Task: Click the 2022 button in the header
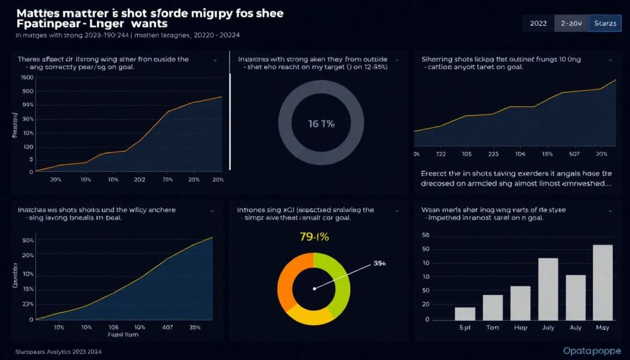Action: click(538, 23)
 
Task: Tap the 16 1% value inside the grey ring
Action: click(321, 123)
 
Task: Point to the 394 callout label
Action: click(380, 263)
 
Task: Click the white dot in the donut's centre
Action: click(314, 288)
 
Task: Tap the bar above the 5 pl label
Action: click(465, 314)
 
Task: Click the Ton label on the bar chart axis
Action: click(492, 329)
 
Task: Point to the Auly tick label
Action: click(575, 329)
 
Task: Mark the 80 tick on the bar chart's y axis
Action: click(425, 236)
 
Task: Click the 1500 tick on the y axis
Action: click(26, 78)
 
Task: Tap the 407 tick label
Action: click(167, 327)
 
